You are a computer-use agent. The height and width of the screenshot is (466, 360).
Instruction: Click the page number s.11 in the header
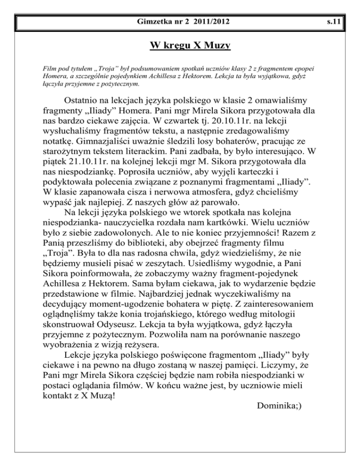click(x=348, y=22)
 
